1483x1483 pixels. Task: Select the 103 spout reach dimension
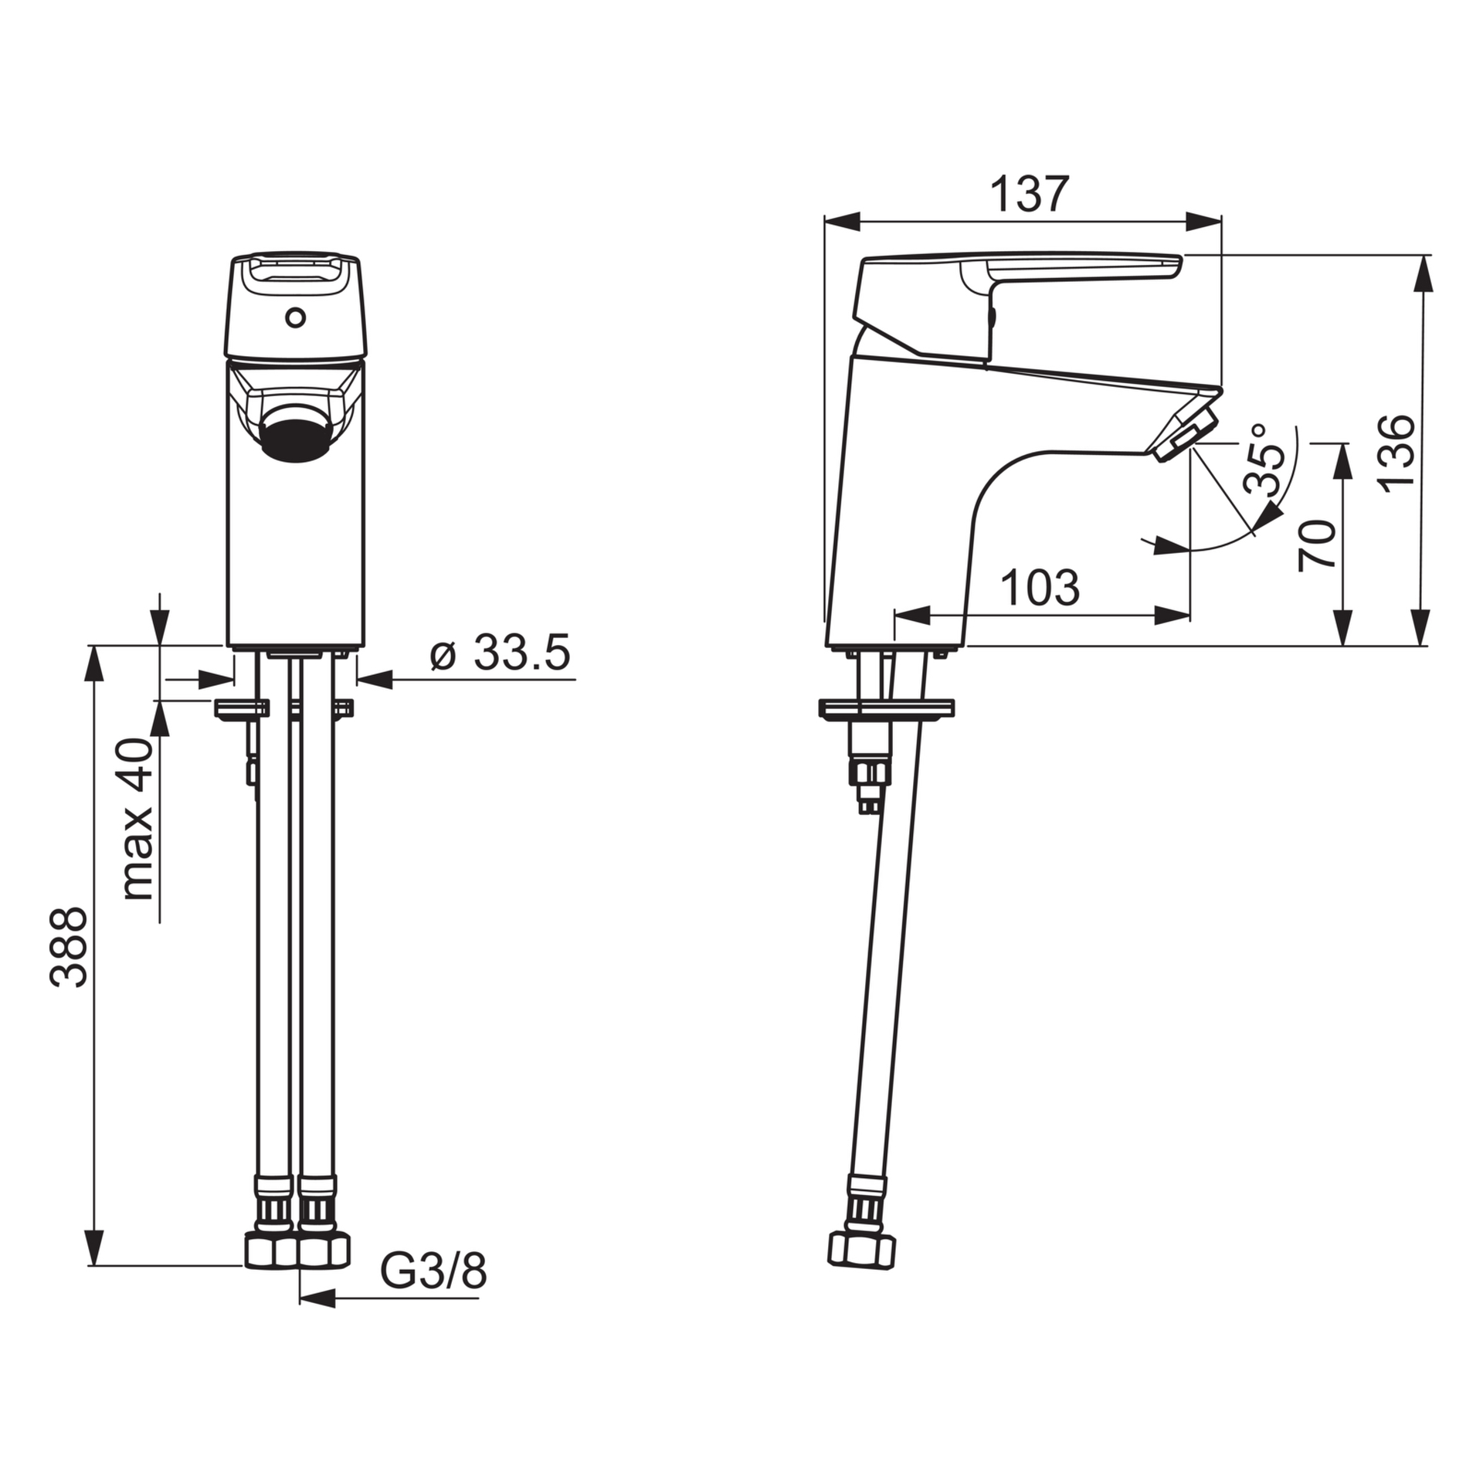click(x=1040, y=588)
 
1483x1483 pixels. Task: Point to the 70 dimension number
click(x=1317, y=545)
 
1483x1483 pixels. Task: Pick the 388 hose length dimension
click(x=69, y=947)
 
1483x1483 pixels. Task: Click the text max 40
click(x=138, y=820)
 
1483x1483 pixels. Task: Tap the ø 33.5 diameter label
click(x=501, y=653)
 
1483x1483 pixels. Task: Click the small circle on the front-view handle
click(x=295, y=317)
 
